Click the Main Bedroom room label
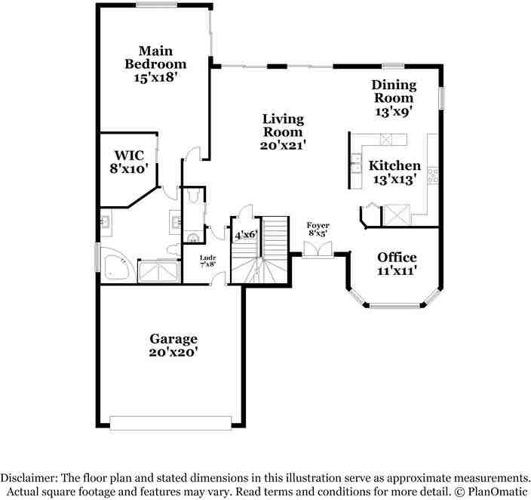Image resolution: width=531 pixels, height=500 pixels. (x=155, y=57)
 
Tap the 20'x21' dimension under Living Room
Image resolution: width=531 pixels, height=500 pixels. (x=283, y=146)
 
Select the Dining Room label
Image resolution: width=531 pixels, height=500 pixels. (x=394, y=91)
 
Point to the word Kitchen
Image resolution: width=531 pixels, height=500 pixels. (x=395, y=165)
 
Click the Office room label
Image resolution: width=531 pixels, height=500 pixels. (x=397, y=258)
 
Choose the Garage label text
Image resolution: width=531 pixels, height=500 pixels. (x=173, y=339)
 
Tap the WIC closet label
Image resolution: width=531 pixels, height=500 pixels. (x=130, y=156)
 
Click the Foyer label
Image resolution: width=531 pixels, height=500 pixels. (x=318, y=225)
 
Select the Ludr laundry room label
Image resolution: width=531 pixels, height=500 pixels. (x=208, y=258)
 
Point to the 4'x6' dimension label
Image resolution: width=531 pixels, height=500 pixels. (x=246, y=234)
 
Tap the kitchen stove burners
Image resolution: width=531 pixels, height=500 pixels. (x=433, y=176)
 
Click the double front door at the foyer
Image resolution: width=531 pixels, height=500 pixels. (x=318, y=250)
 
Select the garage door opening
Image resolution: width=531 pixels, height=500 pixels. (x=170, y=423)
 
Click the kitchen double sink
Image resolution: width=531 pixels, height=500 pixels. (x=356, y=163)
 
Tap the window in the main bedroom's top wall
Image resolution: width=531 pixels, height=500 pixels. (x=157, y=5)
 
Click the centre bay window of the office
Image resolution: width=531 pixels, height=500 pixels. (x=394, y=306)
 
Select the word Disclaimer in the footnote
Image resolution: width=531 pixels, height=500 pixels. (x=29, y=478)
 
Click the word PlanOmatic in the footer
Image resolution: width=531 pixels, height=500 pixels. (x=498, y=492)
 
